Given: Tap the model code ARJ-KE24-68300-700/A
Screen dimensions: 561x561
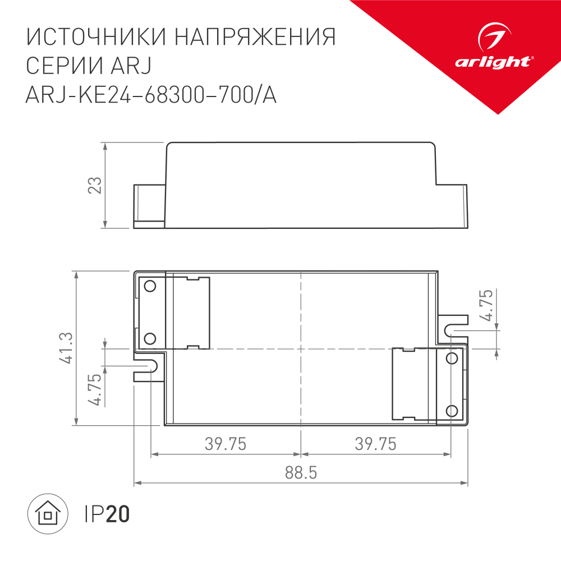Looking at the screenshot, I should [151, 96].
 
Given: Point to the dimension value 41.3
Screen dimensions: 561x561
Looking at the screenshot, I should [67, 348].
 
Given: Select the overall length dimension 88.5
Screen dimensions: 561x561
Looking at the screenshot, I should [301, 473].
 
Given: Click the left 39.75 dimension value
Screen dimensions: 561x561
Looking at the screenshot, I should [226, 444].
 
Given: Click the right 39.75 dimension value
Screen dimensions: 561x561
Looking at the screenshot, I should [375, 444].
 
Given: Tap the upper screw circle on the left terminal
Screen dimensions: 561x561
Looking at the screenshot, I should [150, 287].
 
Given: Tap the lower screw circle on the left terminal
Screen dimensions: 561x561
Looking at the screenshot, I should [150, 338].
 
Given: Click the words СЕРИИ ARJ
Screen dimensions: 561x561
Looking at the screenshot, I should [89, 66].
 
